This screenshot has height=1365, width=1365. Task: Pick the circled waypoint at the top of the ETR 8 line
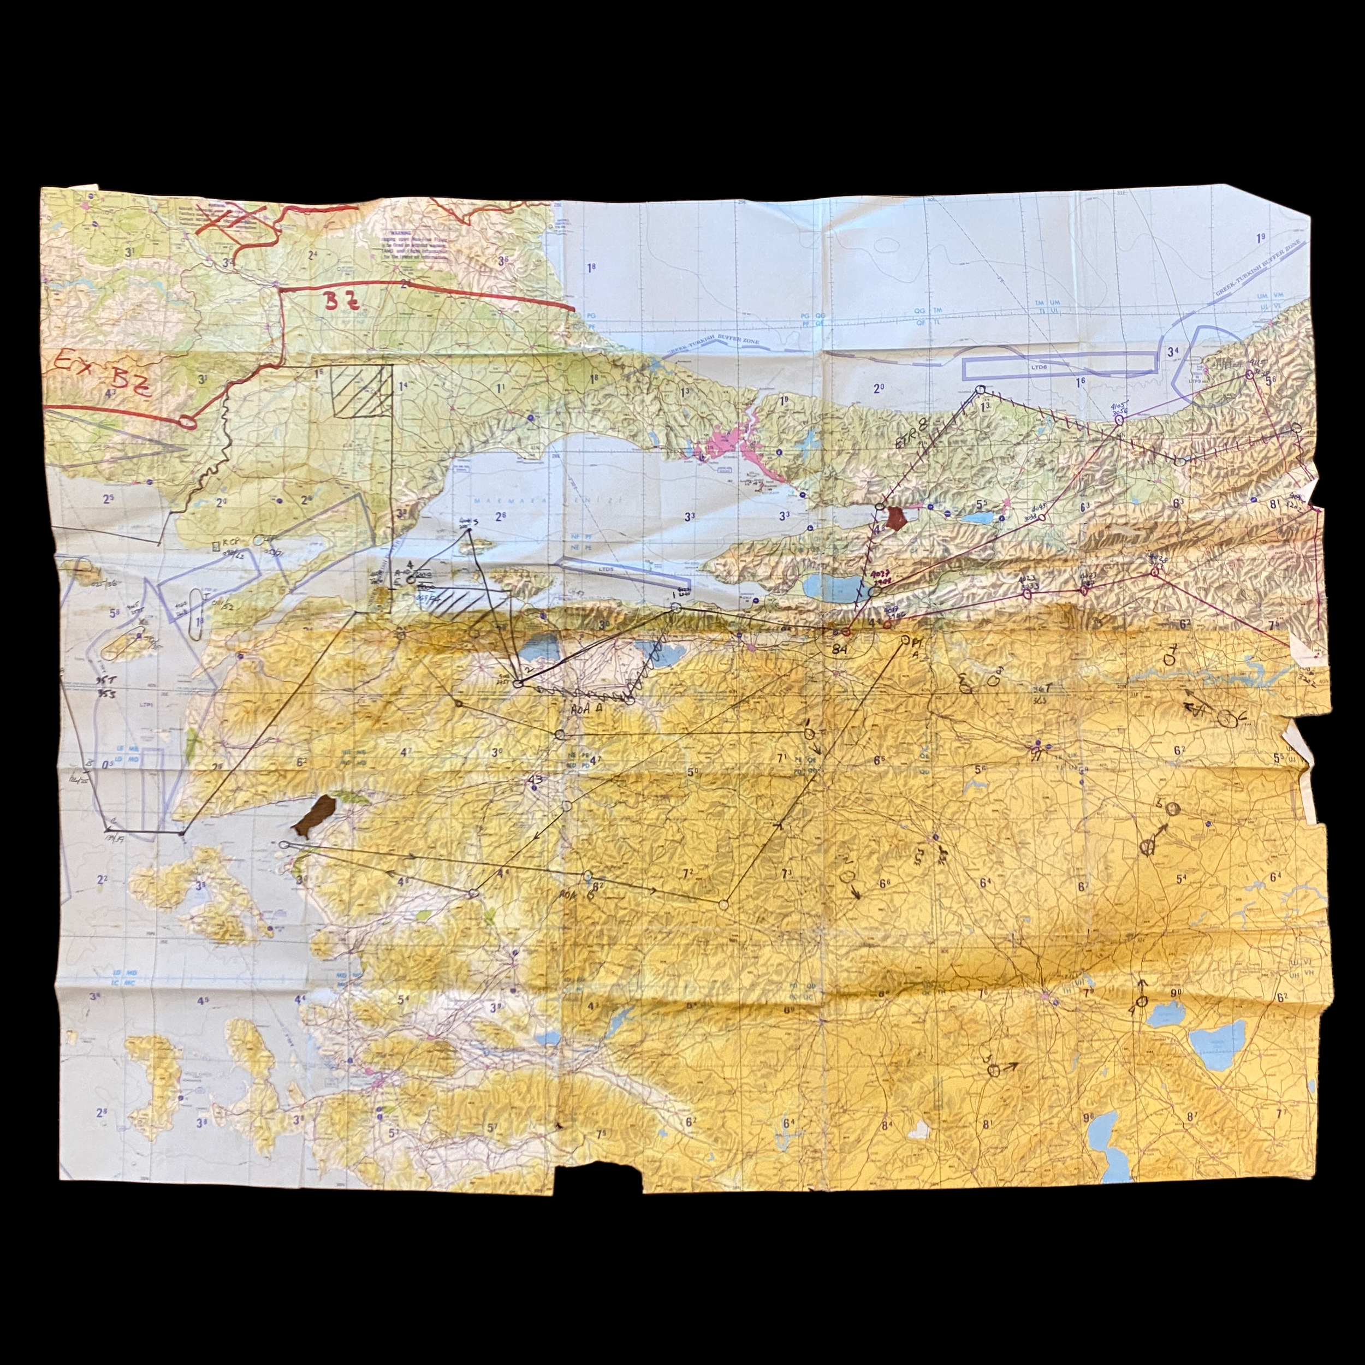click(980, 390)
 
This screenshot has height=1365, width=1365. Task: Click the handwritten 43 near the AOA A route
click(536, 779)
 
